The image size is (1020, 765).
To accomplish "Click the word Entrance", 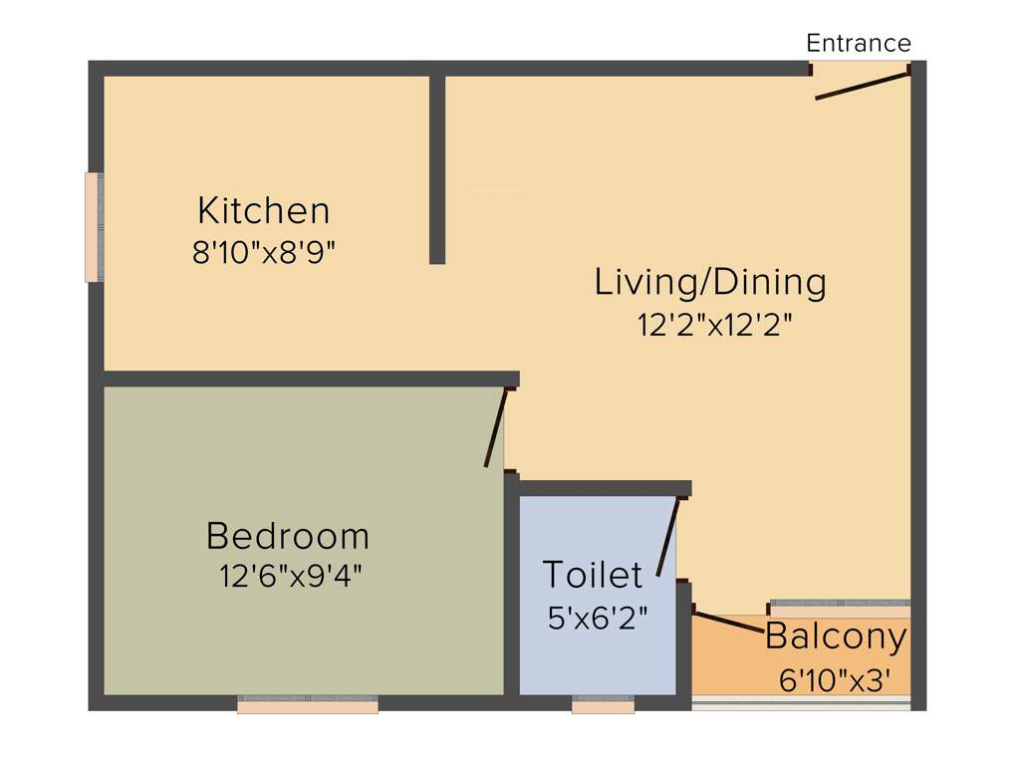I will pos(858,43).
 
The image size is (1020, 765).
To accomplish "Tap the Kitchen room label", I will pos(263,211).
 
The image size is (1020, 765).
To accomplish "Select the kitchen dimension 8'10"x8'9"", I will pos(263,253).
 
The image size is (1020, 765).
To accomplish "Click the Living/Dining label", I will pos(710,282).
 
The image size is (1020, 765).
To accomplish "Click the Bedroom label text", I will pos(288,536).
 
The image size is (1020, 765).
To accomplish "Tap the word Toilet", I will pos(592,575).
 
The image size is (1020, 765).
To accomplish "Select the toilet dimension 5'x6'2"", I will pos(598,618).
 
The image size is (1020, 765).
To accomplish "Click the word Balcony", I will pos(836,636).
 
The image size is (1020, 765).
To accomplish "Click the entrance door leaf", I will pos(862,85).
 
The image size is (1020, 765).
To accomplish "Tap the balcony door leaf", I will pos(728,621).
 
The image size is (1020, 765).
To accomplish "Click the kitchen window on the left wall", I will pos(94,227).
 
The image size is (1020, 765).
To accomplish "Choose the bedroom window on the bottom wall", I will pos(307,705).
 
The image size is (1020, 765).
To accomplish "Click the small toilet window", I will pos(603,706).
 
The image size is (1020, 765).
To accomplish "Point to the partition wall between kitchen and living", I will pos(436,169).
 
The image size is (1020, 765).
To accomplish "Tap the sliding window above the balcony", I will pos(840,603).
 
